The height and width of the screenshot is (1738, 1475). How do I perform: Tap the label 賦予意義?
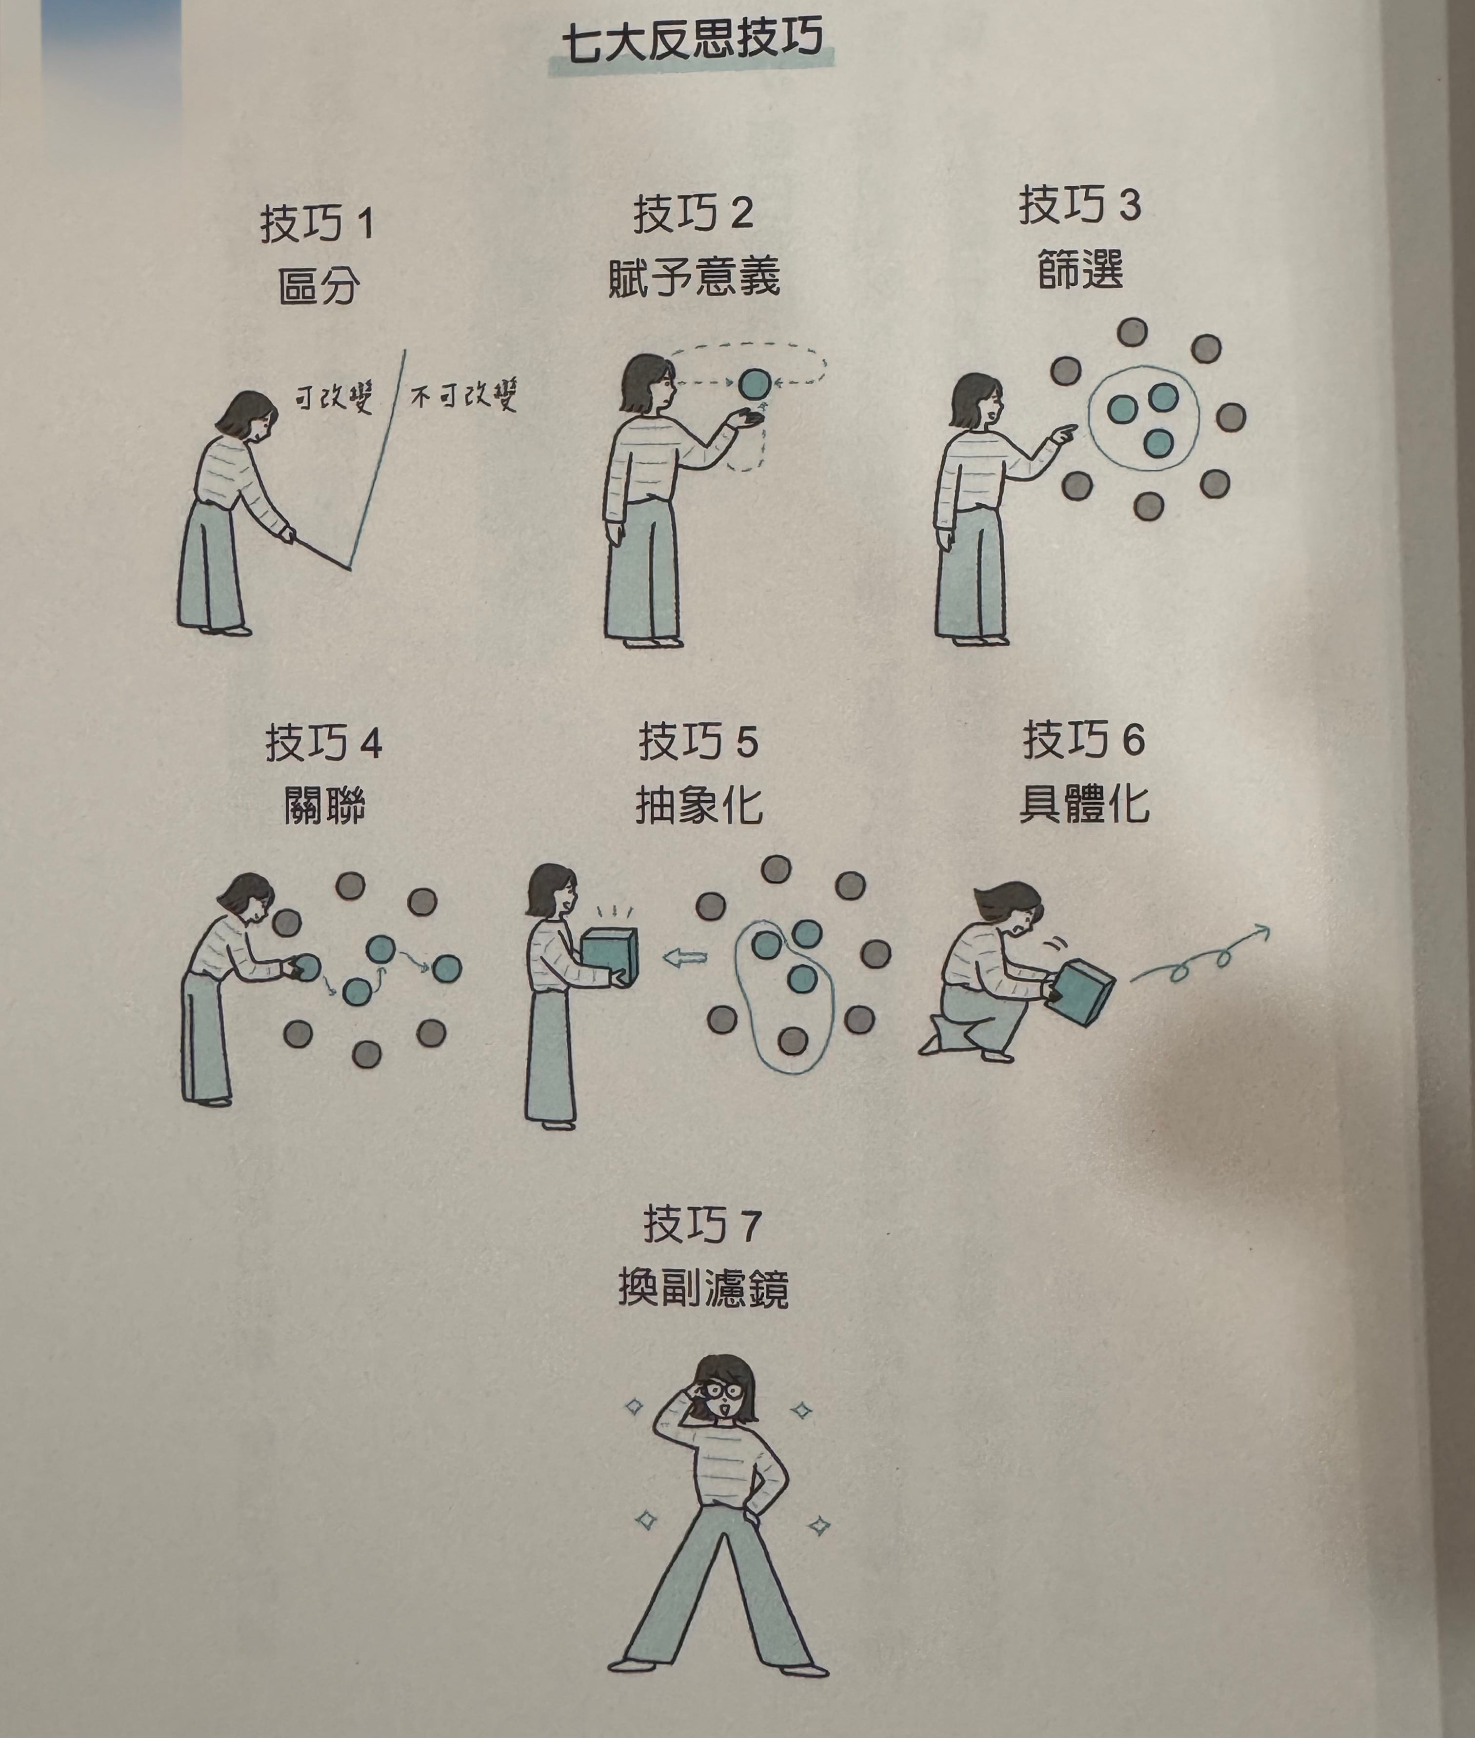(x=694, y=276)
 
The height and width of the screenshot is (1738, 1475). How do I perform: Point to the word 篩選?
(x=1080, y=269)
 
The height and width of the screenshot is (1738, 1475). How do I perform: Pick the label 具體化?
(x=1084, y=803)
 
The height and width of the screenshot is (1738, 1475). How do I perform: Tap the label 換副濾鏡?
(x=703, y=1288)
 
